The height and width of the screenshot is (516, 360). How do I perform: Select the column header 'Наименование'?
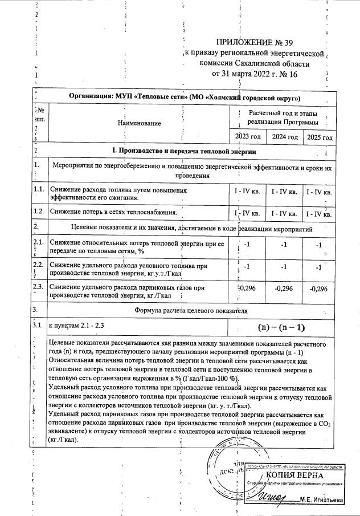[139, 123]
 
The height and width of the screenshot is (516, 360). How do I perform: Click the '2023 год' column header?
[248, 137]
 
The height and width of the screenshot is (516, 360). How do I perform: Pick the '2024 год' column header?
[285, 137]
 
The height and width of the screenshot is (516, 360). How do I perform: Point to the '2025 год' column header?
[320, 137]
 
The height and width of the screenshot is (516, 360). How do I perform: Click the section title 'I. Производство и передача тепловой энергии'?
[183, 151]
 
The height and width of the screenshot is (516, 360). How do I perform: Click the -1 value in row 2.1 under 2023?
[247, 244]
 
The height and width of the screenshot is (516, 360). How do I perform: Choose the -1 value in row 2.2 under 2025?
[319, 267]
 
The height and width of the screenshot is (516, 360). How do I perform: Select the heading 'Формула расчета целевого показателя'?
[191, 311]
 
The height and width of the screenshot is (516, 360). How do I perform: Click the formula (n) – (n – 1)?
[282, 327]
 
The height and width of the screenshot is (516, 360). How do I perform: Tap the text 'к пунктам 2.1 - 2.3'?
[77, 325]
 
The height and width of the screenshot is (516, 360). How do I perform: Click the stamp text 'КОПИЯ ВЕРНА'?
[294, 476]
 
